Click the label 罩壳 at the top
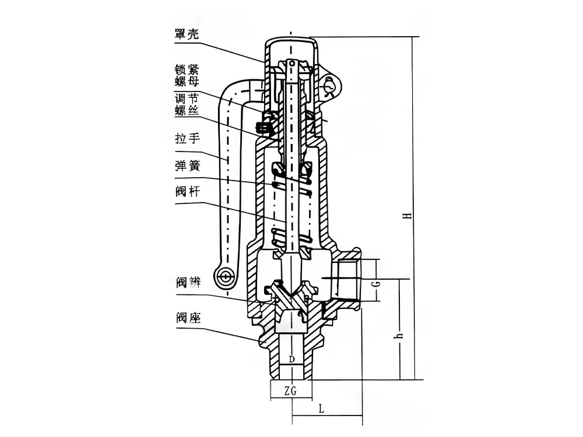tap(187, 34)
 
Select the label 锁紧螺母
tap(187, 75)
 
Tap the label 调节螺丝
tap(187, 104)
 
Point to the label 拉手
tap(187, 139)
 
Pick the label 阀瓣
tap(187, 283)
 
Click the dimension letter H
tap(410, 215)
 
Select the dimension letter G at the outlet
tap(377, 284)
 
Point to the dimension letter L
tap(321, 409)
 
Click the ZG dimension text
tap(291, 392)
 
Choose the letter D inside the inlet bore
tap(291, 358)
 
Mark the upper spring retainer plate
tap(291, 170)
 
